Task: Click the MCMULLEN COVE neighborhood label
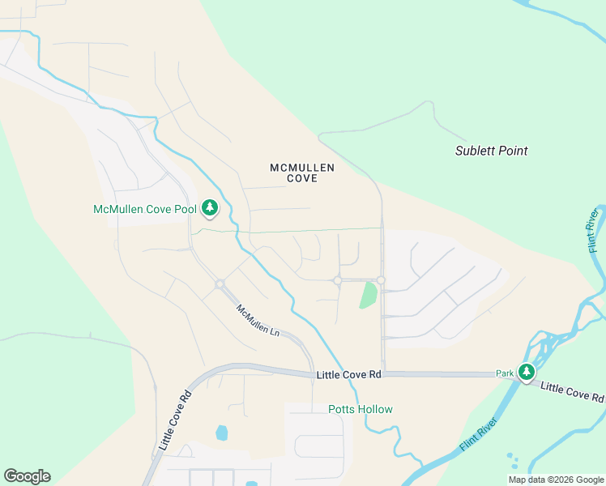click(x=302, y=173)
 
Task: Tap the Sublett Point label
click(x=491, y=151)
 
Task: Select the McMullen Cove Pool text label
click(x=145, y=209)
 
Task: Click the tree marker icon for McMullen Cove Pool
click(x=210, y=208)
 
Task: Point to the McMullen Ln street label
click(x=258, y=321)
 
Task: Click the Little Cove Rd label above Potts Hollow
click(x=348, y=375)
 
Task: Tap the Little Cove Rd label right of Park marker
click(x=572, y=392)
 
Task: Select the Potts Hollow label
click(x=361, y=409)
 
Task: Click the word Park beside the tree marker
click(x=506, y=373)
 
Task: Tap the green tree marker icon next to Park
click(x=527, y=373)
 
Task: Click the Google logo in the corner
click(x=27, y=475)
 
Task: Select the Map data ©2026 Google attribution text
click(x=557, y=480)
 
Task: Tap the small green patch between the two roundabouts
click(x=368, y=294)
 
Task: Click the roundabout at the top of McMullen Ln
click(x=220, y=284)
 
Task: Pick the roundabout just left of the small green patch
click(x=337, y=280)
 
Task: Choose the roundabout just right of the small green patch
click(x=380, y=280)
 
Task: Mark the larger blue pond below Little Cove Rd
click(x=222, y=433)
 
